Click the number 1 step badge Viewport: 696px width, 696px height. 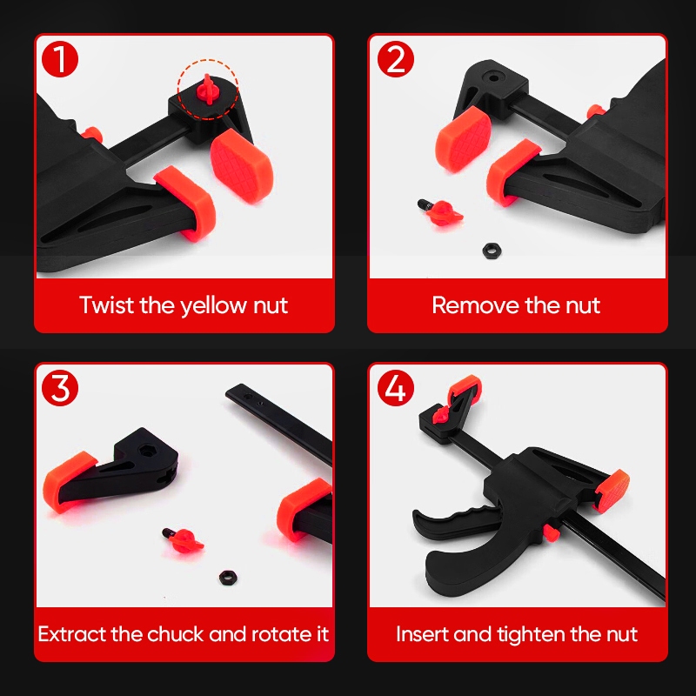pos(60,59)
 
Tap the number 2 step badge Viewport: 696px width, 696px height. pos(396,59)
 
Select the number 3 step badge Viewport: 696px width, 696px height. pos(60,387)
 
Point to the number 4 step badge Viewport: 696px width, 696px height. pos(396,387)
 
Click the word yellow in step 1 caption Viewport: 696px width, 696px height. pos(214,306)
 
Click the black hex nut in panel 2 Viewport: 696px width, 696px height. pos(492,251)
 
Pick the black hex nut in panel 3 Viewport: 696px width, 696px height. pos(228,577)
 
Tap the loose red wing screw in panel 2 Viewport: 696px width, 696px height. pos(441,212)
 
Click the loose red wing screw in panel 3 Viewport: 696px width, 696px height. pos(184,539)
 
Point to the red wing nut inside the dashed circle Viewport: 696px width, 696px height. pos(207,90)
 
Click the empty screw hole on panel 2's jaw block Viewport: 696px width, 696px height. pos(494,78)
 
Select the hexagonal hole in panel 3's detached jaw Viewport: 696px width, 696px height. pos(145,452)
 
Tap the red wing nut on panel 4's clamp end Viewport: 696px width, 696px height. pos(442,415)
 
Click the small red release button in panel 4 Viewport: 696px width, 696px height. pos(552,532)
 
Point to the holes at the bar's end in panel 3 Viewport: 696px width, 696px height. pos(254,400)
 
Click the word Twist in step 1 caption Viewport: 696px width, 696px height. pos(106,305)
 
